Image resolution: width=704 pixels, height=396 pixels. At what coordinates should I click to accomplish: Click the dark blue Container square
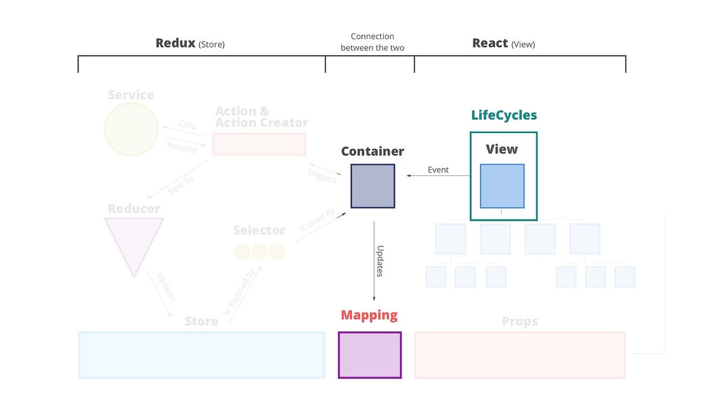[x=373, y=186]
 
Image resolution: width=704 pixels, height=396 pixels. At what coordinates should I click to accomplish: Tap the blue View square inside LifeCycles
[x=502, y=186]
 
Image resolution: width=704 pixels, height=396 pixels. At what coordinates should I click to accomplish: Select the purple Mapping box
[x=370, y=355]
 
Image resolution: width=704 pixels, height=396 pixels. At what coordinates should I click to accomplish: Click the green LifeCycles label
[x=504, y=115]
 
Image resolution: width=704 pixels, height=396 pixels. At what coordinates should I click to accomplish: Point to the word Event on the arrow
[x=438, y=170]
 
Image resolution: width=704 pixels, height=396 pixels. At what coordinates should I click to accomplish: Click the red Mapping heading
[x=369, y=315]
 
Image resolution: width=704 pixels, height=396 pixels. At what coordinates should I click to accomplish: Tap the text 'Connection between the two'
[x=373, y=42]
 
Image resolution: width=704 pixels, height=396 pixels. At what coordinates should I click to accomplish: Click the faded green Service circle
[x=131, y=129]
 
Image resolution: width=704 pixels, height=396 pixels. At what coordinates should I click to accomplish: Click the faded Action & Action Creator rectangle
[x=259, y=144]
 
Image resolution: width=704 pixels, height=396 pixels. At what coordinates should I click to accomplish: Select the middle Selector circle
[x=259, y=252]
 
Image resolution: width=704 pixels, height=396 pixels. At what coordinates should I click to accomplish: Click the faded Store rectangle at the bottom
[x=201, y=355]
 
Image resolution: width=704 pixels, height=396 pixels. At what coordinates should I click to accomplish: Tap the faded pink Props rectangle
[x=520, y=355]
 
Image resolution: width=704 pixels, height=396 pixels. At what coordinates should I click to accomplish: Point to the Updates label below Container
[x=380, y=260]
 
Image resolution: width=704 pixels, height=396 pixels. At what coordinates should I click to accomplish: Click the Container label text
[x=373, y=151]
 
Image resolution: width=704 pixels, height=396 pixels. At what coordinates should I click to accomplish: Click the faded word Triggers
[x=321, y=175]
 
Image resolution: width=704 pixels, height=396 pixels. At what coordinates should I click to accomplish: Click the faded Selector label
[x=259, y=231]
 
